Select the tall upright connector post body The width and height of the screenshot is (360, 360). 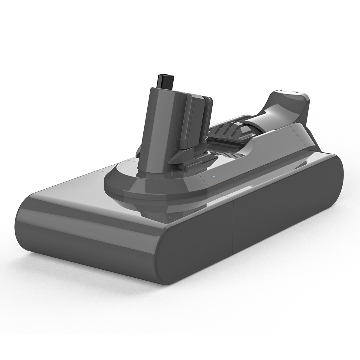tap(163, 126)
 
